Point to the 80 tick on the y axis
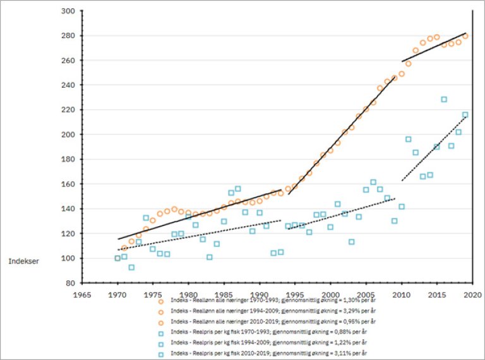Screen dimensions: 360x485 coord(69,283)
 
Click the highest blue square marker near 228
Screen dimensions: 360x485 coord(444,99)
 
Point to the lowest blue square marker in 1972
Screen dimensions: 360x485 coord(131,267)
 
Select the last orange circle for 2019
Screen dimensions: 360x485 coord(465,36)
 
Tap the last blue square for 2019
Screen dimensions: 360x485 coord(465,115)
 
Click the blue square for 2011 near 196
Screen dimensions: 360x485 coord(409,139)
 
